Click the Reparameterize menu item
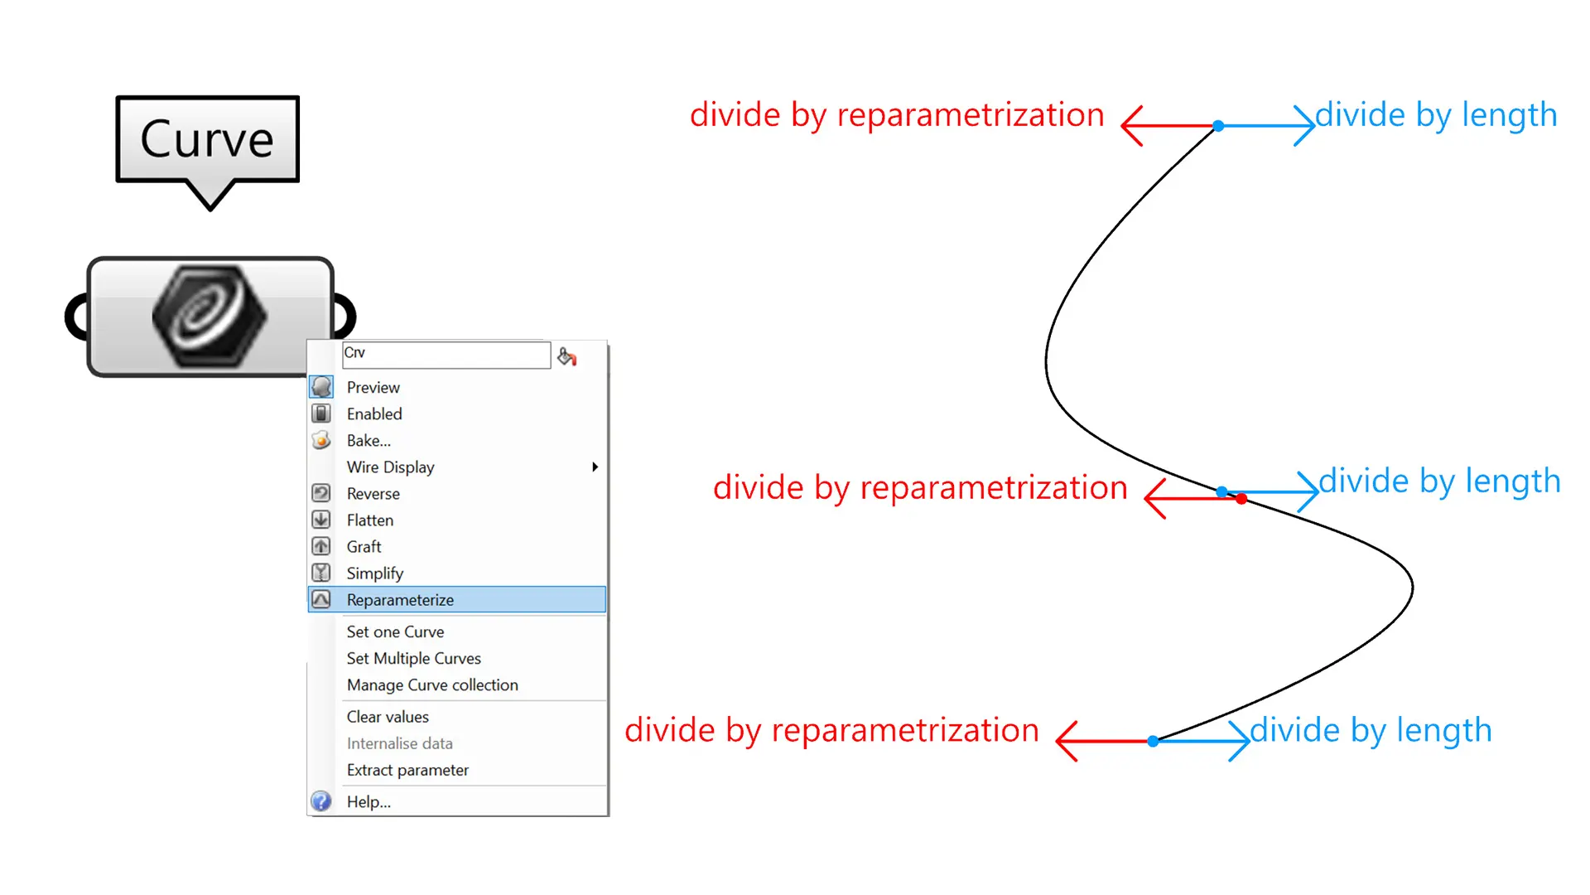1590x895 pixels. point(400,599)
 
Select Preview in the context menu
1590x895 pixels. point(373,387)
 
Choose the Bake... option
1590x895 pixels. point(369,440)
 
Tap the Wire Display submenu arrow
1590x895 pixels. point(595,467)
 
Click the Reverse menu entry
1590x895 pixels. point(373,493)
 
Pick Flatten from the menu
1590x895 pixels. point(370,520)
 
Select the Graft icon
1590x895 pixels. point(321,546)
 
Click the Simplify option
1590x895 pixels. point(374,573)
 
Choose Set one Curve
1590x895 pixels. point(395,631)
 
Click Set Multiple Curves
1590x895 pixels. point(413,658)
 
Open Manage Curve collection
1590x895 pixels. point(432,685)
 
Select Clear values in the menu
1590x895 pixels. point(388,716)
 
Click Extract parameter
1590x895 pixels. point(407,770)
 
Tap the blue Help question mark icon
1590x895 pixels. point(321,801)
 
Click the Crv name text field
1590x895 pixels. point(446,354)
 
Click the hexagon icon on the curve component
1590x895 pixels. point(209,316)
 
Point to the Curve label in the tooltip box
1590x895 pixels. point(207,138)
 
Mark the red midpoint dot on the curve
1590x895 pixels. point(1241,499)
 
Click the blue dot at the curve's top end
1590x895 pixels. point(1218,126)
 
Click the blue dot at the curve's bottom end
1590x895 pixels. point(1153,741)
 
